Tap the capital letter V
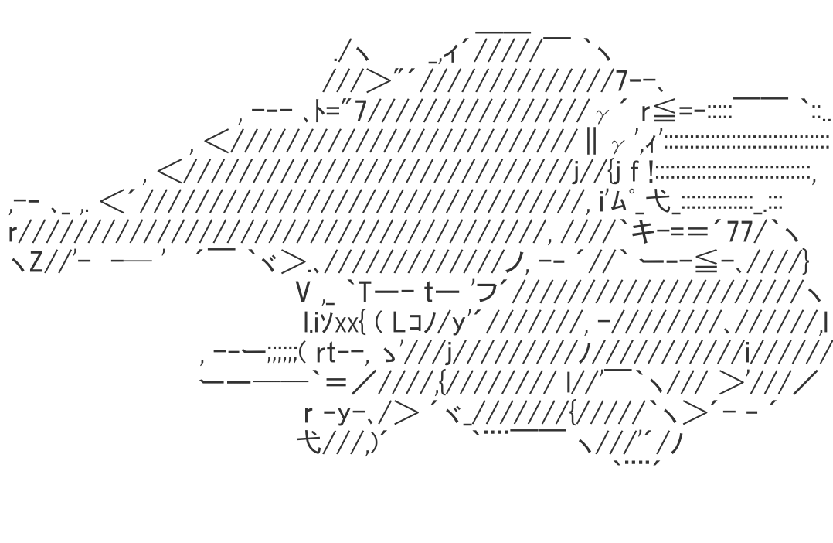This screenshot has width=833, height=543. click(303, 292)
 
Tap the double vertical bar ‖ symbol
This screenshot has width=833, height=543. click(591, 144)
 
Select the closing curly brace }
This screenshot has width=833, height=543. click(804, 261)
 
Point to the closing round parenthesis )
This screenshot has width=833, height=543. click(374, 444)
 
